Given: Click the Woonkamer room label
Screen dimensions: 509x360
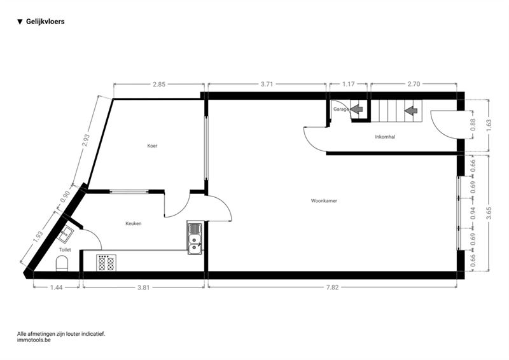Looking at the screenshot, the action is tap(324, 201).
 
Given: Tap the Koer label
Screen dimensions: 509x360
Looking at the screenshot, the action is tap(152, 146).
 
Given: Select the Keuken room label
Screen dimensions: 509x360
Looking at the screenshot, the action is tap(134, 224).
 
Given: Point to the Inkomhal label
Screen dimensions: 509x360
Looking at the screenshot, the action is tap(385, 137).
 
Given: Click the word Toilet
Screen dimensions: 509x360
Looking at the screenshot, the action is tap(65, 250).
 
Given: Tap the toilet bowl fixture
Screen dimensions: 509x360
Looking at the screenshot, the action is tap(62, 263).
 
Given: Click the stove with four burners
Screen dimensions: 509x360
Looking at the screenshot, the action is tap(106, 263).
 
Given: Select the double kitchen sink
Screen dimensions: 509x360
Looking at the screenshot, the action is tap(195, 238).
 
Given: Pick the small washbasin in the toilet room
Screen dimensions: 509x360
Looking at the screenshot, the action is tap(66, 233).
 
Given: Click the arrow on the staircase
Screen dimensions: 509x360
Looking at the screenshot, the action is tap(411, 111).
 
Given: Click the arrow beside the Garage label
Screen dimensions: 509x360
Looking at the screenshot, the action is tap(356, 109).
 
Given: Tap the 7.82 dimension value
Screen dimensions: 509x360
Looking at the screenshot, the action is tap(332, 287).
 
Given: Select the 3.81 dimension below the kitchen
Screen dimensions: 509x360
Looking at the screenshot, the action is tap(144, 287).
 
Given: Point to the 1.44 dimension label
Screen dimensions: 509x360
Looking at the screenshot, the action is tap(57, 287).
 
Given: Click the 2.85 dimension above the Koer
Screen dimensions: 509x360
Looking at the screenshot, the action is tap(159, 85).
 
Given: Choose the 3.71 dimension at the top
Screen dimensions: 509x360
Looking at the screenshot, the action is tap(267, 85).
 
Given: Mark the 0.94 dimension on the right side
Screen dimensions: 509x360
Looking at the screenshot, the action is tap(473, 213).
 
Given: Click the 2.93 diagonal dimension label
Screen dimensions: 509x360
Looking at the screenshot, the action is tap(85, 141).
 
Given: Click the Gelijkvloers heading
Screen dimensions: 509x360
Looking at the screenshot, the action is tap(45, 22).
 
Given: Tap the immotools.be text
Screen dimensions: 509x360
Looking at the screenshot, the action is tap(34, 340).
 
